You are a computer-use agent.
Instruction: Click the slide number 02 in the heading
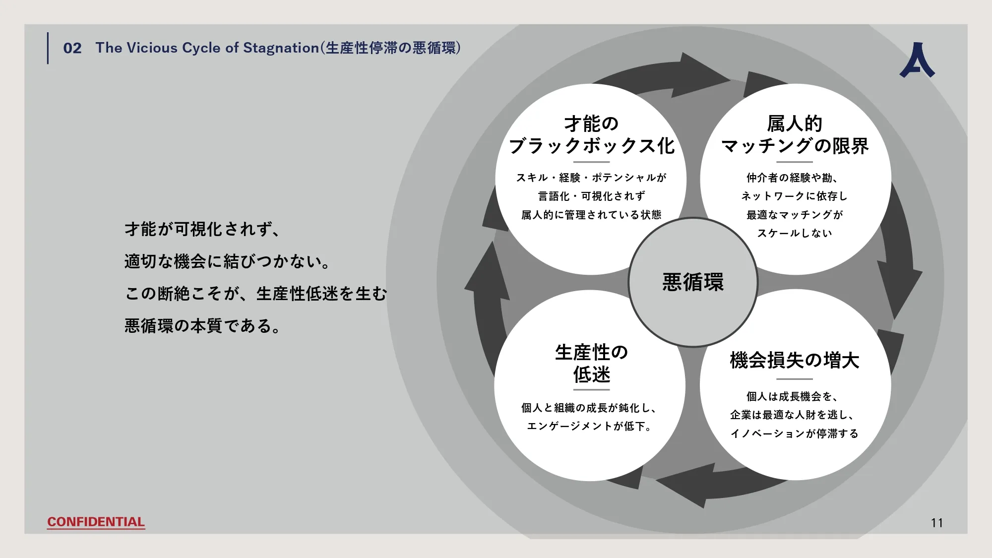click(x=72, y=48)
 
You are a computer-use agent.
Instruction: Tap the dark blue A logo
click(x=917, y=61)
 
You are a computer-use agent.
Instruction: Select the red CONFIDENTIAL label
click(x=96, y=522)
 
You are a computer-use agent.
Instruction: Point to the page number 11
click(x=936, y=523)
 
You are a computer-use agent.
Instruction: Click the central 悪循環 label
click(x=693, y=282)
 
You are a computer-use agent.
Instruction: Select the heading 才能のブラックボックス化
click(x=591, y=134)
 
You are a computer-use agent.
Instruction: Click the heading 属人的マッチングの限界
click(x=795, y=134)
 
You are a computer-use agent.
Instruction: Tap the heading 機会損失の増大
click(x=795, y=360)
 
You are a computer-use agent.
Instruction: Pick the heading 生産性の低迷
click(x=591, y=364)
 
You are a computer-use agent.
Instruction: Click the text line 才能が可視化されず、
click(x=202, y=229)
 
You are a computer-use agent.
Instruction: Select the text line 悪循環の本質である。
click(x=202, y=326)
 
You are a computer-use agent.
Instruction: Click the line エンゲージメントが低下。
click(x=589, y=426)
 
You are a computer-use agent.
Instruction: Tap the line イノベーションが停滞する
click(x=794, y=434)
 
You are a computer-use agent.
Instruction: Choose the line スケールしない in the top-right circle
click(x=794, y=233)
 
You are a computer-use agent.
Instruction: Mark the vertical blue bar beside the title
click(x=48, y=48)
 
